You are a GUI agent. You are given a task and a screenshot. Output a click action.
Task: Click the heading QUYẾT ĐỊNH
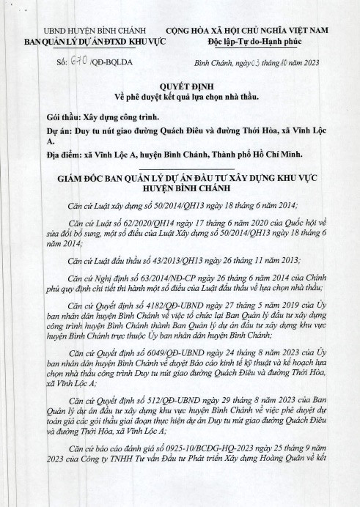point(180,86)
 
